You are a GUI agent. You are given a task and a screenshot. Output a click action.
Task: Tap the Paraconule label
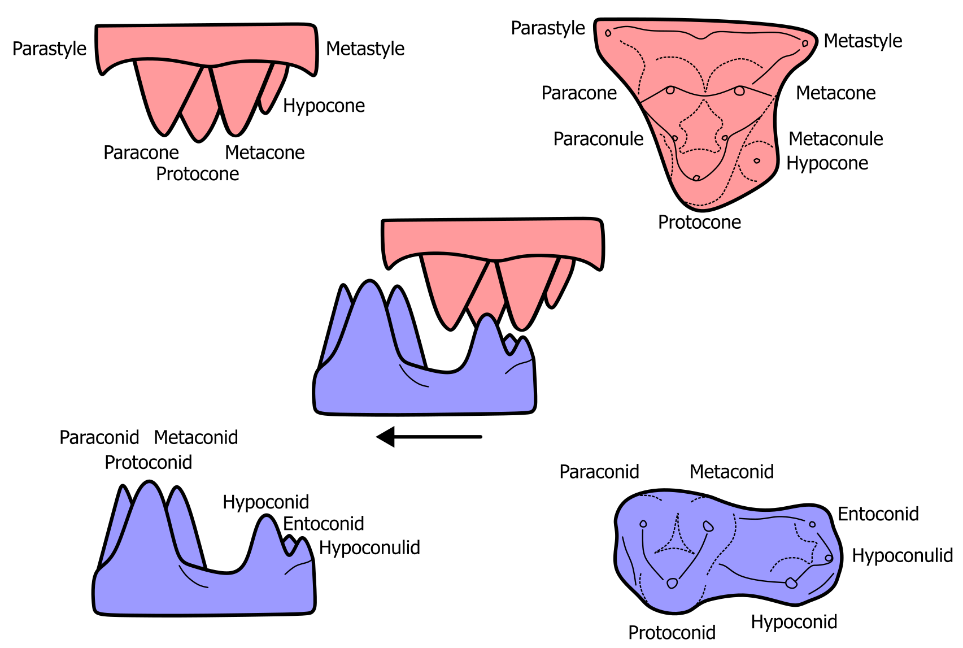coord(598,139)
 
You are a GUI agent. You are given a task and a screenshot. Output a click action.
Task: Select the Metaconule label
coord(835,139)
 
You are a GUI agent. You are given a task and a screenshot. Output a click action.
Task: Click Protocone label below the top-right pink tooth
coord(699,223)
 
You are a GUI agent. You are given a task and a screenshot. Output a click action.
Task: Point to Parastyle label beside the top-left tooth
coord(50,49)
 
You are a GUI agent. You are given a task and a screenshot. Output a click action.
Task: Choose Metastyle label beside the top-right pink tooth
coord(862,41)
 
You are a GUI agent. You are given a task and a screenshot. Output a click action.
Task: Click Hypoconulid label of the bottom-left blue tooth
coord(369,548)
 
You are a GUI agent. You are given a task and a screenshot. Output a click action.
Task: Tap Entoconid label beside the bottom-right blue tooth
coord(878,514)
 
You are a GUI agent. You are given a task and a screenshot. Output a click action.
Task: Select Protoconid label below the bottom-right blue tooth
coord(672,632)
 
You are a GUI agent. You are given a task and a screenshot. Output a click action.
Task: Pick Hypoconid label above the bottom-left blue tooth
coord(265,502)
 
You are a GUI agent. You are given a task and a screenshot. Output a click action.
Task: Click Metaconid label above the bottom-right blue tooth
coord(731,472)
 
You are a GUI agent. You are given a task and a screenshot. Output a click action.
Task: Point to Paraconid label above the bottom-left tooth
coord(99,438)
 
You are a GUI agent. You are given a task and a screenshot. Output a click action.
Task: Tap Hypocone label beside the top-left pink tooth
coord(324,106)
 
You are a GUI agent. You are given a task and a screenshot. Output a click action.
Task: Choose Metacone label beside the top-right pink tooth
coord(835,93)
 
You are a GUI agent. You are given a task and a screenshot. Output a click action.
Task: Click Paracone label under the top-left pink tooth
coord(141,153)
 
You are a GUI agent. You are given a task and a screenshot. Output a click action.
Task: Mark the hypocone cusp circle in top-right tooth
coord(757,161)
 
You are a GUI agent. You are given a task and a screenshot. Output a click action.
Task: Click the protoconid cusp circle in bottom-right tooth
coord(672,584)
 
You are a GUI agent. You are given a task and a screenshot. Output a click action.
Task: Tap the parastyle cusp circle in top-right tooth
coord(608,33)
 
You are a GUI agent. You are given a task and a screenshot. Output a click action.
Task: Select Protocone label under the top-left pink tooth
coord(198,174)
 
